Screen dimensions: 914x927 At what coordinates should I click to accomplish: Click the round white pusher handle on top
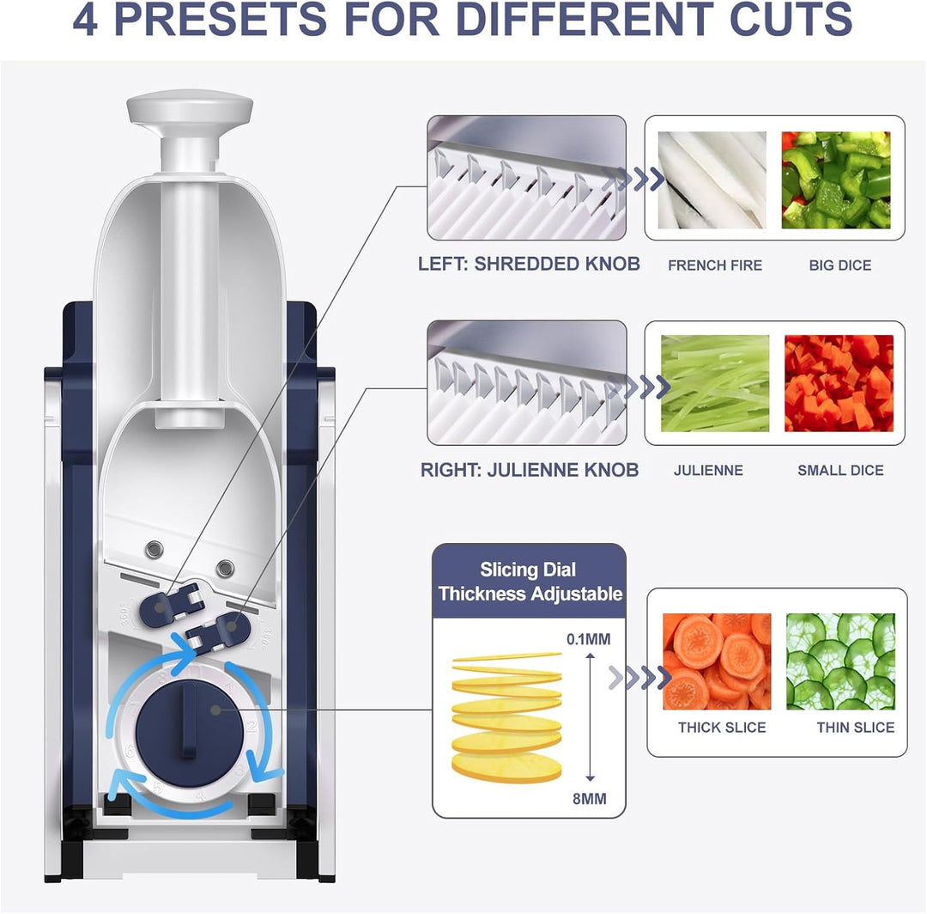click(190, 109)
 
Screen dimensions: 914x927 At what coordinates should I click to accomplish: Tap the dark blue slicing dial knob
click(186, 720)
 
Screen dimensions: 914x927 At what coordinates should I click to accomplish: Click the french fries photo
click(712, 180)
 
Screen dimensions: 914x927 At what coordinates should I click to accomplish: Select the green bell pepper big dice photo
click(835, 180)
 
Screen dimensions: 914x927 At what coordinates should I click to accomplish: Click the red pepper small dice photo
click(839, 383)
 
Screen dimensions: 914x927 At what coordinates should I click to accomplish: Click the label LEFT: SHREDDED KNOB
click(529, 264)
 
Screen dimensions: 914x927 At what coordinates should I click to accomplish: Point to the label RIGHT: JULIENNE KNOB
click(529, 470)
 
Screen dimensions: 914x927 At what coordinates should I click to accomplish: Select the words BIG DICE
click(839, 265)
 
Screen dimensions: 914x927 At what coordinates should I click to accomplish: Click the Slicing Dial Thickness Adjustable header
click(529, 582)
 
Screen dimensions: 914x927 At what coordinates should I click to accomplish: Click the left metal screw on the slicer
click(155, 547)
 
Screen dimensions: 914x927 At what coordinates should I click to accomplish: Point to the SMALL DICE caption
click(839, 471)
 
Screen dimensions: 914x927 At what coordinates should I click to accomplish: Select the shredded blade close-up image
click(527, 178)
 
